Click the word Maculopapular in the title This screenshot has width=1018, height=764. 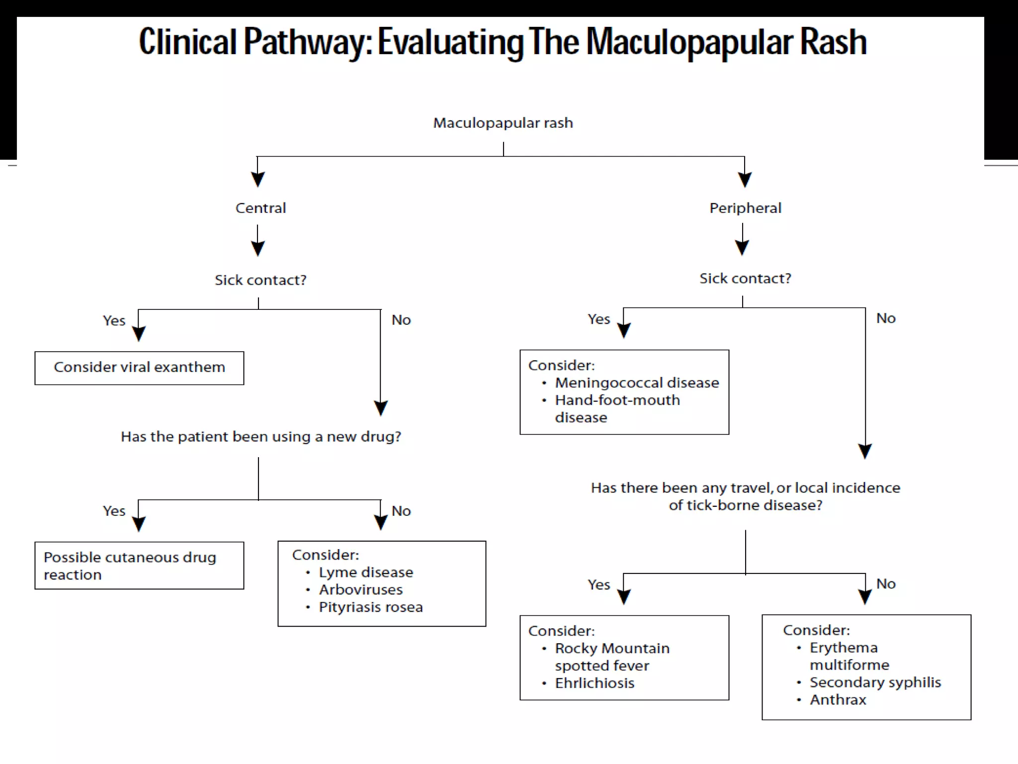coord(689,43)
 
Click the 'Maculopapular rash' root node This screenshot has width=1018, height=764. coord(503,123)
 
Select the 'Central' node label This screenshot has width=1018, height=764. coord(260,208)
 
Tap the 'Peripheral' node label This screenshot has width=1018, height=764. coord(745,208)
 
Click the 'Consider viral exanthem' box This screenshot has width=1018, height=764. coord(139,368)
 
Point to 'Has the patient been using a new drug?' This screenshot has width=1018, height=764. coord(260,437)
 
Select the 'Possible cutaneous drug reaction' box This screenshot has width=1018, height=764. coord(139,566)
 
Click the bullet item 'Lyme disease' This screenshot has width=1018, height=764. coord(365,573)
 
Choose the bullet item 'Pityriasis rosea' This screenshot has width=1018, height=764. coord(370,607)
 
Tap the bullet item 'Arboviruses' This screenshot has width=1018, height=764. coord(360,590)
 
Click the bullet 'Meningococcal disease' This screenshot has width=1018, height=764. coord(637,383)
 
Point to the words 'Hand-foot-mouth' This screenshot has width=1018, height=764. coord(617,400)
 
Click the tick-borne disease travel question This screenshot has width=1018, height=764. coord(745,496)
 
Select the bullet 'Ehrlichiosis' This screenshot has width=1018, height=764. coord(594,683)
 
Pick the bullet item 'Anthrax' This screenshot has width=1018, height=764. coord(838,700)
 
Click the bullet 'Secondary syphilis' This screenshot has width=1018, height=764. coord(875,682)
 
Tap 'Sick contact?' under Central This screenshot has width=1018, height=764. coord(260,280)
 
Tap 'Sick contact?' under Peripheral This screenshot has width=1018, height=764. coord(745,279)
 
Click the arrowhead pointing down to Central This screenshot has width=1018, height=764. coord(257,179)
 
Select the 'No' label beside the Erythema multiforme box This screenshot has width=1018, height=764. coord(885,584)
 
